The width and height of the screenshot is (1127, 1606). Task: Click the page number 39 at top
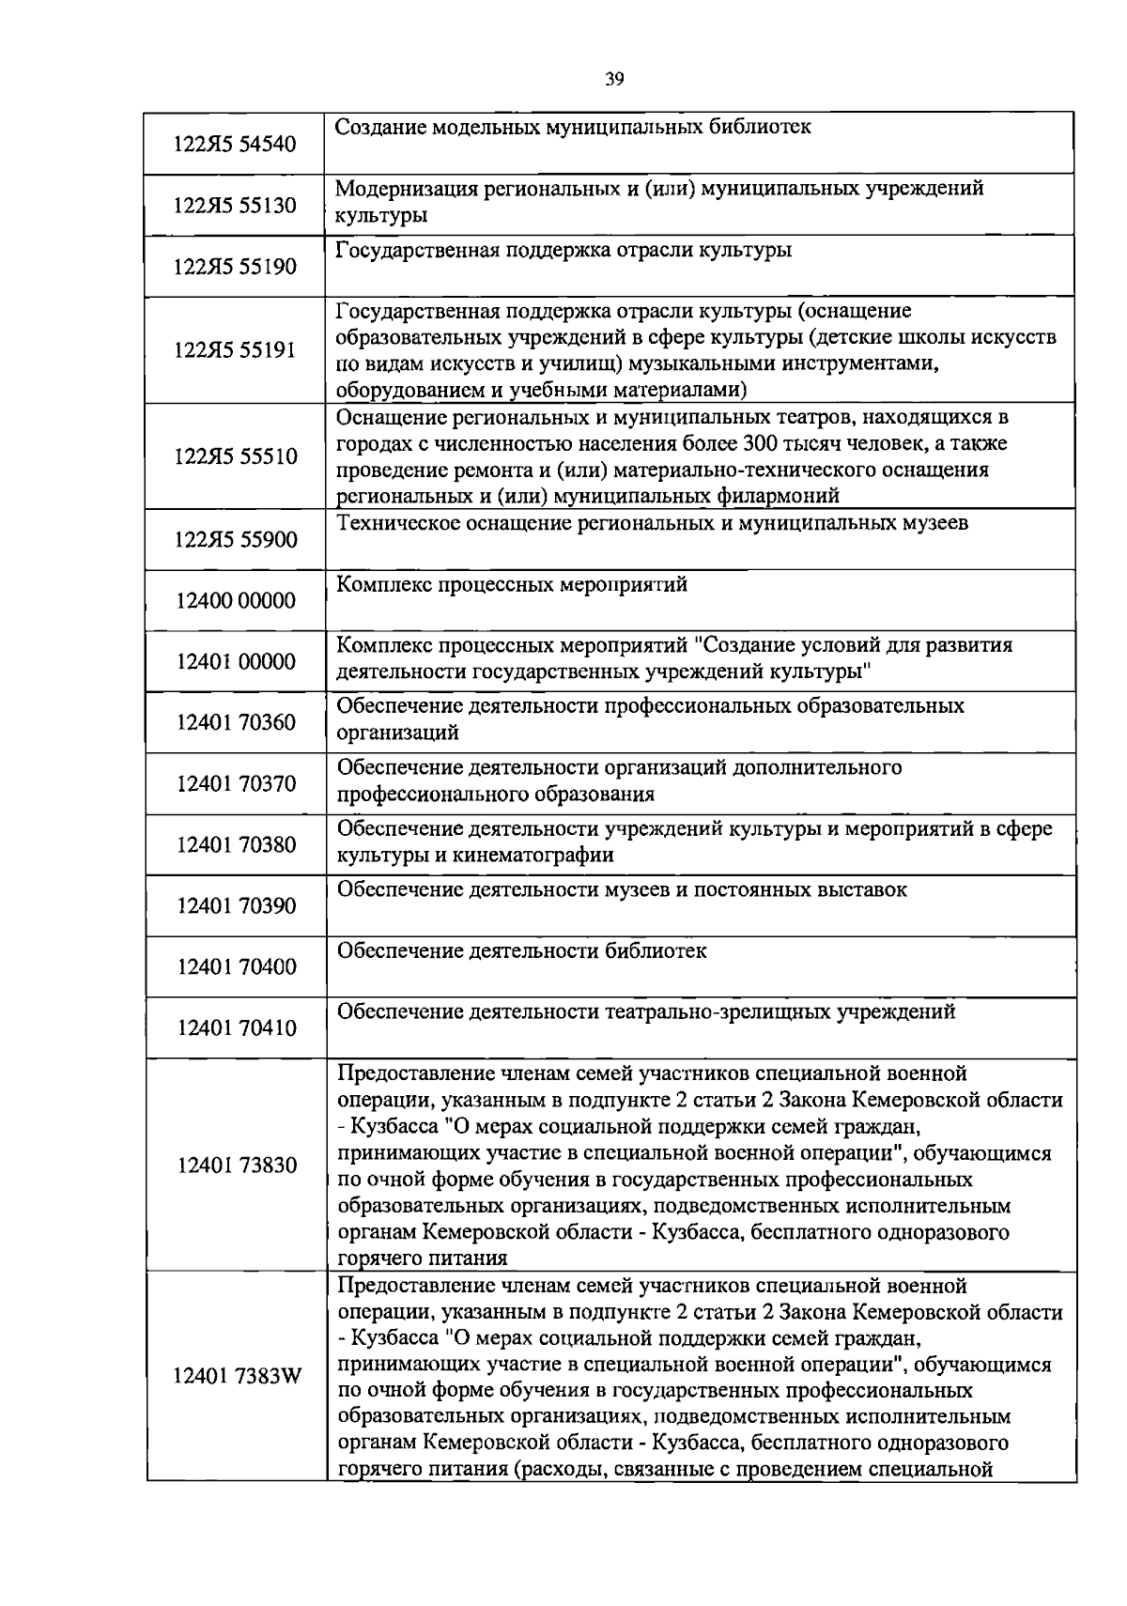click(x=614, y=79)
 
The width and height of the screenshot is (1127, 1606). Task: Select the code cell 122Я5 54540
click(x=235, y=144)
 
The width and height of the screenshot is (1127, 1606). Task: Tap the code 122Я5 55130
click(x=235, y=205)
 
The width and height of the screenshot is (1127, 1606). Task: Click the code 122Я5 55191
click(x=235, y=350)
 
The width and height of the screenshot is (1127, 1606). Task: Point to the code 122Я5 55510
click(x=235, y=457)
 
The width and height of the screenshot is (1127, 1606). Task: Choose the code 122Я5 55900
click(x=235, y=540)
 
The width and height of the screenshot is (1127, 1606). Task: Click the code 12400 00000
click(x=235, y=601)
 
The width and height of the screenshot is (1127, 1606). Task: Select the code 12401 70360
click(x=235, y=722)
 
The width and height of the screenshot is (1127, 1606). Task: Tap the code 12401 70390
click(x=235, y=906)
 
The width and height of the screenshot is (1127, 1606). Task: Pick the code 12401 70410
click(x=235, y=1028)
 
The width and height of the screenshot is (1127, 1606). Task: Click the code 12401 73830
click(x=235, y=1166)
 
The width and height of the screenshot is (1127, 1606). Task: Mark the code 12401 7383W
click(x=237, y=1377)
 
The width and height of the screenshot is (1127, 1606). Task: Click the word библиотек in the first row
click(x=756, y=126)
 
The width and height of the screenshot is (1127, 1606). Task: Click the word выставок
click(x=857, y=889)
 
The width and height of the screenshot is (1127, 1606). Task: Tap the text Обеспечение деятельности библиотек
click(x=521, y=950)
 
